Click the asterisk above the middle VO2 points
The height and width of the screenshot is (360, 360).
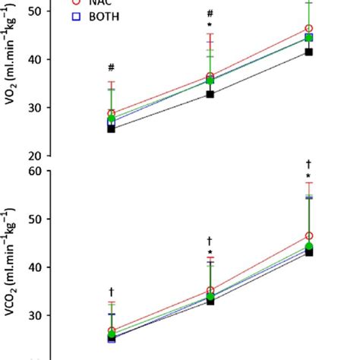210,26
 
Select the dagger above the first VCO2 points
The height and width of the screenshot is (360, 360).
112,291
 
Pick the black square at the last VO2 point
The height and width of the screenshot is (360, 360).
308,52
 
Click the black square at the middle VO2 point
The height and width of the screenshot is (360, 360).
210,94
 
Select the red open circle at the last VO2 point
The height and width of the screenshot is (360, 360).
308,29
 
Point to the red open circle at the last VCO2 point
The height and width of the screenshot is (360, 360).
308,237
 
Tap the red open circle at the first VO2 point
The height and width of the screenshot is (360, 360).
112,113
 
